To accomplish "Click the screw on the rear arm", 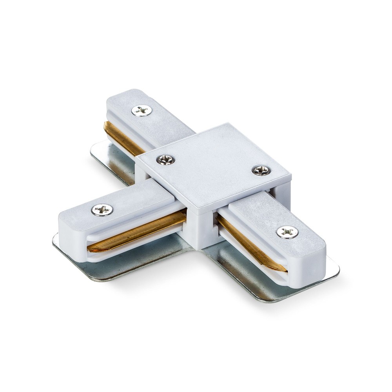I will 142,111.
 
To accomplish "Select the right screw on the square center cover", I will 261,170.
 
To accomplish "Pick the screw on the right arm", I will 287,232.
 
